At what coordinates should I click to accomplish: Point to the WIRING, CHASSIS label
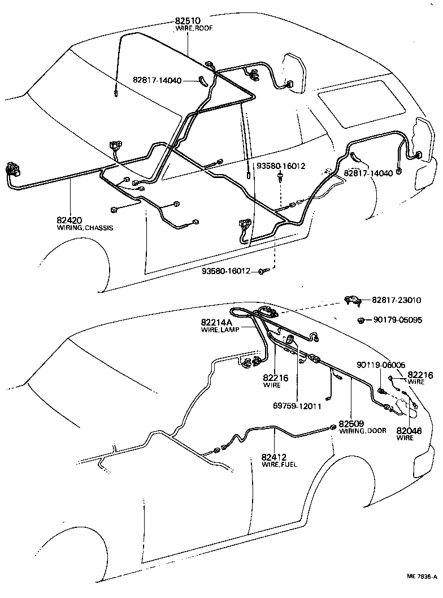(x=85, y=228)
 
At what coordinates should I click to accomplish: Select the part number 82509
(x=351, y=423)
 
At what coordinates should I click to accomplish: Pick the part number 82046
(x=409, y=430)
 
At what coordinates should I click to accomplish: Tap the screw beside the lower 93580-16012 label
(x=262, y=272)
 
